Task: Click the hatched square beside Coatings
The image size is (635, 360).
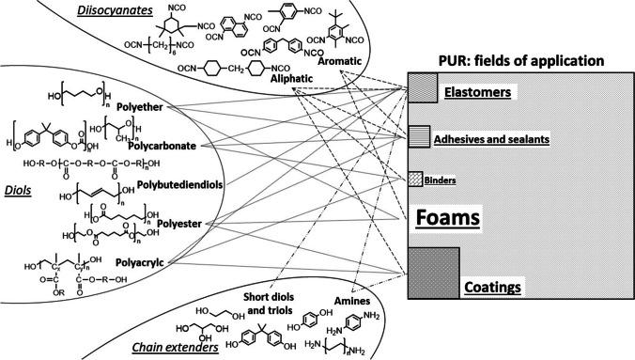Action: click(433, 272)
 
